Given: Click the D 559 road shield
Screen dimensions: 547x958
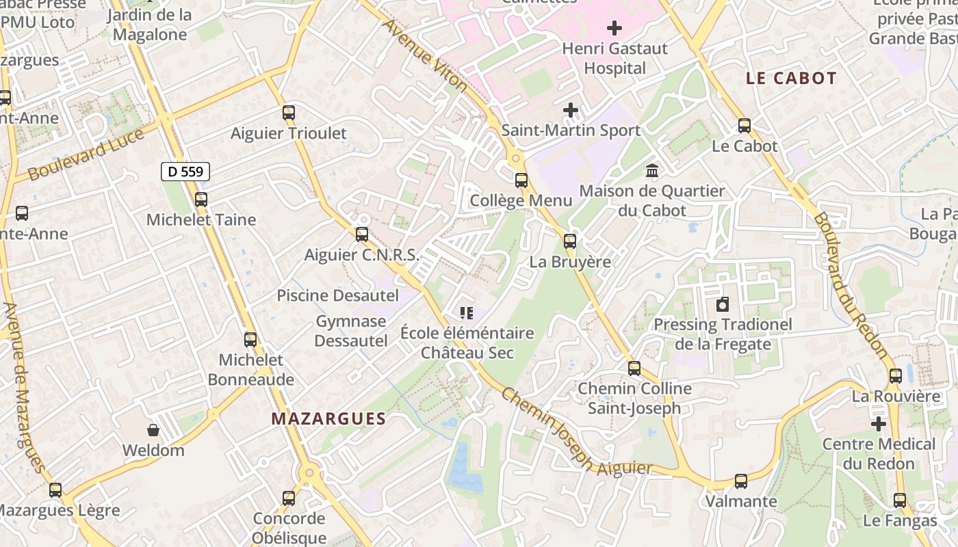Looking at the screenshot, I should pos(185,172).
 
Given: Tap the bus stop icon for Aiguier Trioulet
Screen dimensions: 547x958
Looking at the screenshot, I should pos(289,113).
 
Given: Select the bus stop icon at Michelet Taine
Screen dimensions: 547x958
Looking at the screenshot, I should pos(200,200).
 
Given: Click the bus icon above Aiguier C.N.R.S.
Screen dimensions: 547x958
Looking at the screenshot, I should pos(362,235).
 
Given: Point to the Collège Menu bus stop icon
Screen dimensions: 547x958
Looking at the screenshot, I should pos(521,181).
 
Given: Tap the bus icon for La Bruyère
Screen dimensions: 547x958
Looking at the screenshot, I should pos(570,241).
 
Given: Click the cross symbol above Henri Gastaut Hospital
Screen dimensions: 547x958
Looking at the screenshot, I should pos(614,28).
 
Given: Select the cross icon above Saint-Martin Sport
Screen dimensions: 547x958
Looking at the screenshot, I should pos(570,109).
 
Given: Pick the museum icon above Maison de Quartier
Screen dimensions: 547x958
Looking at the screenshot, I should pos(652,170).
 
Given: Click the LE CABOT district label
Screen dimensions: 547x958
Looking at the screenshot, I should pos(791,79).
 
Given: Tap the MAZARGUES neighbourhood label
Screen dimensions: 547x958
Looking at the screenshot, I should pos(328,418).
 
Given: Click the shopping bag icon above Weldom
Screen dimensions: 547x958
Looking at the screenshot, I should pos(153,430).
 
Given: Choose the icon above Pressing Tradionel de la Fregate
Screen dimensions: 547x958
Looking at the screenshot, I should pos(723,304).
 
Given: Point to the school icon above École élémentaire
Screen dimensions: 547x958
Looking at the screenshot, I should pos(467,313).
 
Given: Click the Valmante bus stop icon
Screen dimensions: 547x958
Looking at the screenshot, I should pos(740,481).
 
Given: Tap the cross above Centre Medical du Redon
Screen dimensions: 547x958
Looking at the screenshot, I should pos(879,424).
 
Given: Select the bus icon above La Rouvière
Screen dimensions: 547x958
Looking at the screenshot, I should pos(896,376).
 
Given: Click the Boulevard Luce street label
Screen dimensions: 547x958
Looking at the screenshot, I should pos(86,154).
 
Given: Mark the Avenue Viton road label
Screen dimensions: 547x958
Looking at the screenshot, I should pos(425,56).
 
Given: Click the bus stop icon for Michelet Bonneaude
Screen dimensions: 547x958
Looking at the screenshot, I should pos(250,339).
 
